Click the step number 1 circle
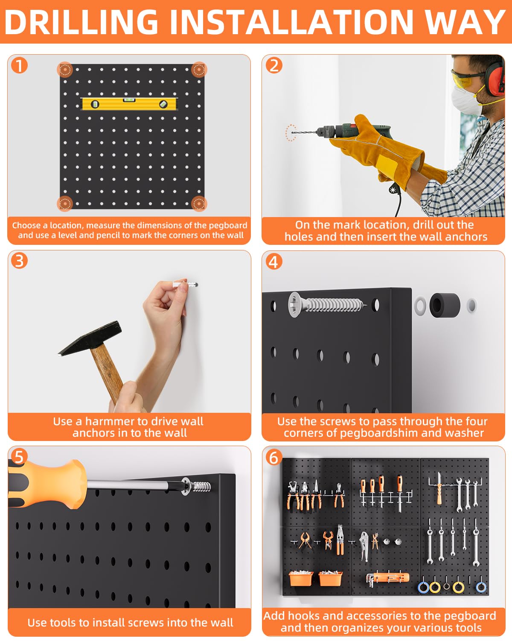pos(19,66)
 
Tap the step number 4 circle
pos(274,262)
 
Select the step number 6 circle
pos(274,457)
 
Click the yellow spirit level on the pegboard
pos(129,104)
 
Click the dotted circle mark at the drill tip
pos(291,132)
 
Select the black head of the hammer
pos(91,338)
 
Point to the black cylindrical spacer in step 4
pos(445,305)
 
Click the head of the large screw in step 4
pos(296,305)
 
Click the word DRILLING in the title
pos(81,22)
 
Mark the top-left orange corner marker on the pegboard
pos(65,70)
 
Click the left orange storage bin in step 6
pos(301,578)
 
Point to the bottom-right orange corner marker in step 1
pos(198,203)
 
